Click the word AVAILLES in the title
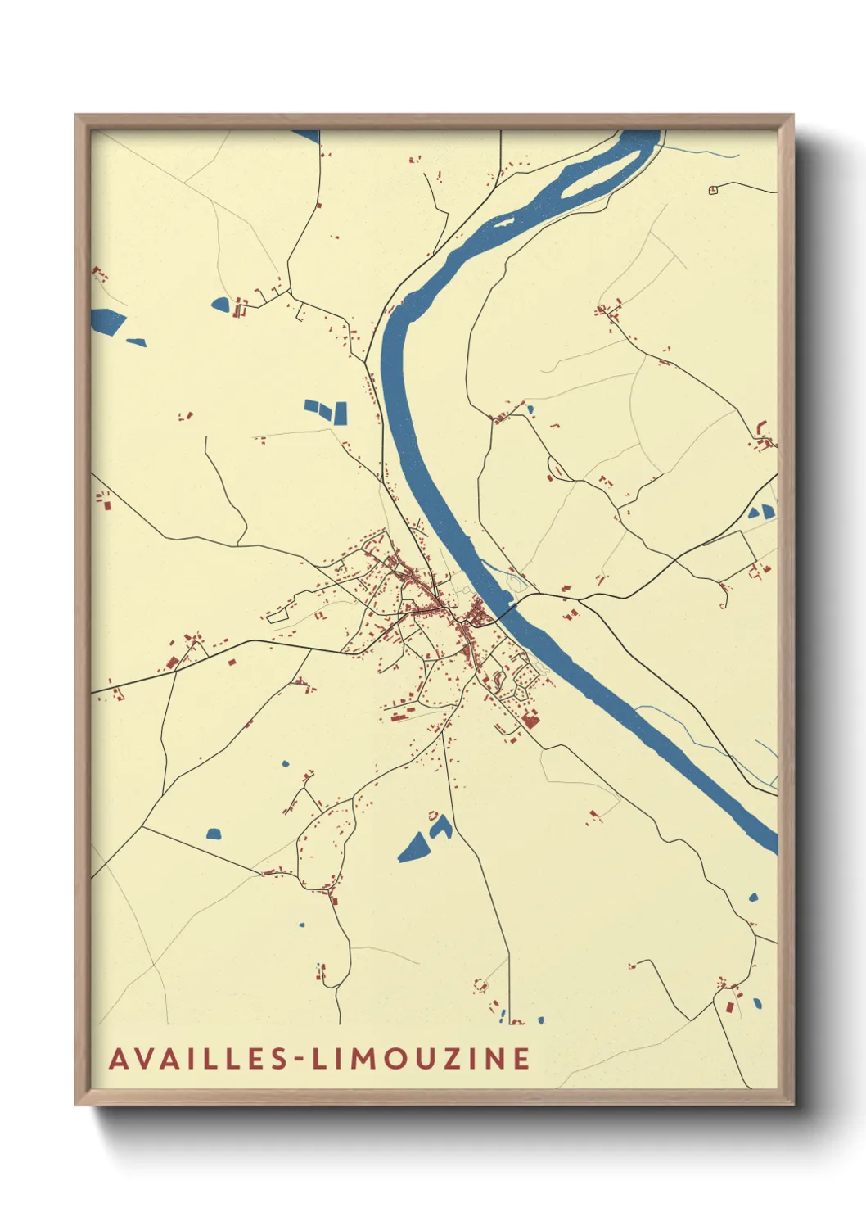pyautogui.click(x=198, y=1059)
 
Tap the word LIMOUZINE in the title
pyautogui.click(x=422, y=1059)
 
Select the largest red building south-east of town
pyautogui.click(x=530, y=721)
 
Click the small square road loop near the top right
pyautogui.click(x=713, y=190)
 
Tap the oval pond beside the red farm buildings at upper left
pyautogui.click(x=220, y=305)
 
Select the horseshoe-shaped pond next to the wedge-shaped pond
pyautogui.click(x=441, y=827)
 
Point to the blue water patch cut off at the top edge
pyautogui.click(x=308, y=135)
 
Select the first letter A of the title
pyautogui.click(x=119, y=1059)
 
